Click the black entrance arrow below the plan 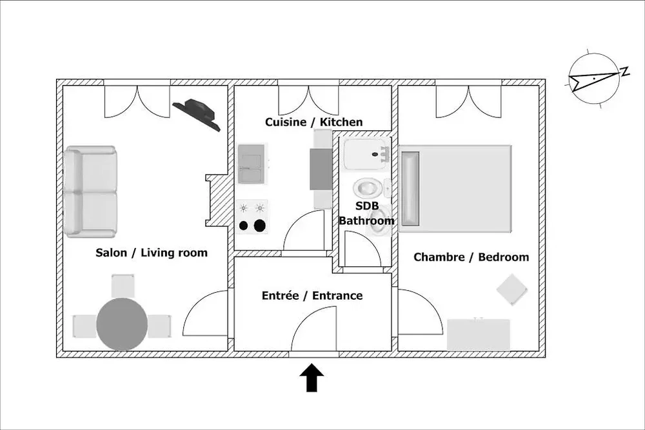[312, 377]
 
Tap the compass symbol [595, 79]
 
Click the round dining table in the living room [122, 324]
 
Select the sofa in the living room [90, 191]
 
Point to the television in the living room [197, 114]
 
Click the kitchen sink [250, 164]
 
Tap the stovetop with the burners [252, 217]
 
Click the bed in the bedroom [455, 189]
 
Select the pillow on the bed [410, 189]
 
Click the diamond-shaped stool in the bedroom [511, 289]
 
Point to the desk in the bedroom [479, 335]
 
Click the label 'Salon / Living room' [152, 253]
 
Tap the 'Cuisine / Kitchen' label [314, 122]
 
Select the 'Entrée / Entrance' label [312, 295]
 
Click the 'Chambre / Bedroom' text [471, 257]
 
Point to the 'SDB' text [367, 206]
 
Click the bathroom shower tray [366, 155]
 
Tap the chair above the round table [123, 286]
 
